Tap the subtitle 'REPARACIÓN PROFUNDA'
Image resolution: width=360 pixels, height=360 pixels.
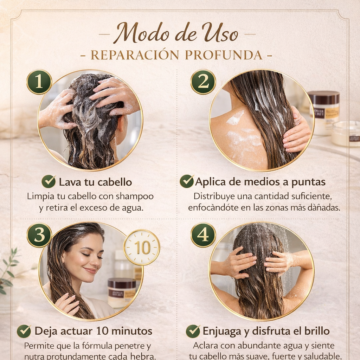(x=176, y=55)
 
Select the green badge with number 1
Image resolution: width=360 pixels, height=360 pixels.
(x=39, y=82)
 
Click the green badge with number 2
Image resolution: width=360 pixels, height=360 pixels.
(x=203, y=82)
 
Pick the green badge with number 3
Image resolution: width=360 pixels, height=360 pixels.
(x=39, y=235)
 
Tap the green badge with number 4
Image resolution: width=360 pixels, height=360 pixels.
(x=203, y=235)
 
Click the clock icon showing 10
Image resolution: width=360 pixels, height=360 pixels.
(x=142, y=247)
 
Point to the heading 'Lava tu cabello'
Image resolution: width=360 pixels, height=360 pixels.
(x=95, y=182)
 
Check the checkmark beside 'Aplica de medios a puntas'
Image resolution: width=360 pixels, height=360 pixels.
(x=186, y=182)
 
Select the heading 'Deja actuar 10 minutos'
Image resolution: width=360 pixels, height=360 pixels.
(x=93, y=331)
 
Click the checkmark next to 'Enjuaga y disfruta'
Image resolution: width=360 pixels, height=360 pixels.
(x=193, y=331)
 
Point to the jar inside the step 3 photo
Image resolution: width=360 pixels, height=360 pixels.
(x=122, y=292)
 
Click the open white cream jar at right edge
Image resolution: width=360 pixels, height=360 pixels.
(x=346, y=134)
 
